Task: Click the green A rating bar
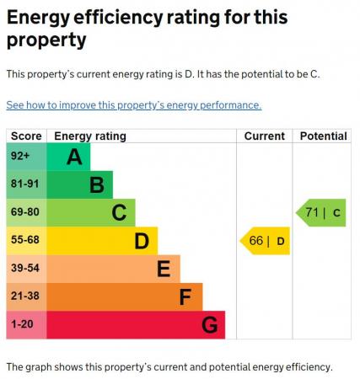click(67, 157)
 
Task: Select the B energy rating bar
click(79, 184)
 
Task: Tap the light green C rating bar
click(90, 212)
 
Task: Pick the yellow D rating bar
click(101, 241)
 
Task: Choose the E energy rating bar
click(112, 269)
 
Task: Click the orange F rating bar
click(124, 296)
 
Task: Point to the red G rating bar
click(135, 324)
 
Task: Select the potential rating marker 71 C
click(322, 212)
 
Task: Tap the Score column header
click(26, 136)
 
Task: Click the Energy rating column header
click(90, 136)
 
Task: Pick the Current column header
click(264, 136)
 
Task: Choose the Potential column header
click(323, 136)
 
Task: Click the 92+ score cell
click(26, 157)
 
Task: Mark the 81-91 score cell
click(26, 184)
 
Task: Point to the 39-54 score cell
click(26, 269)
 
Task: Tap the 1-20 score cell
click(26, 324)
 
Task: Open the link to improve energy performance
click(134, 105)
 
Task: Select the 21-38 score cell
click(26, 296)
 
